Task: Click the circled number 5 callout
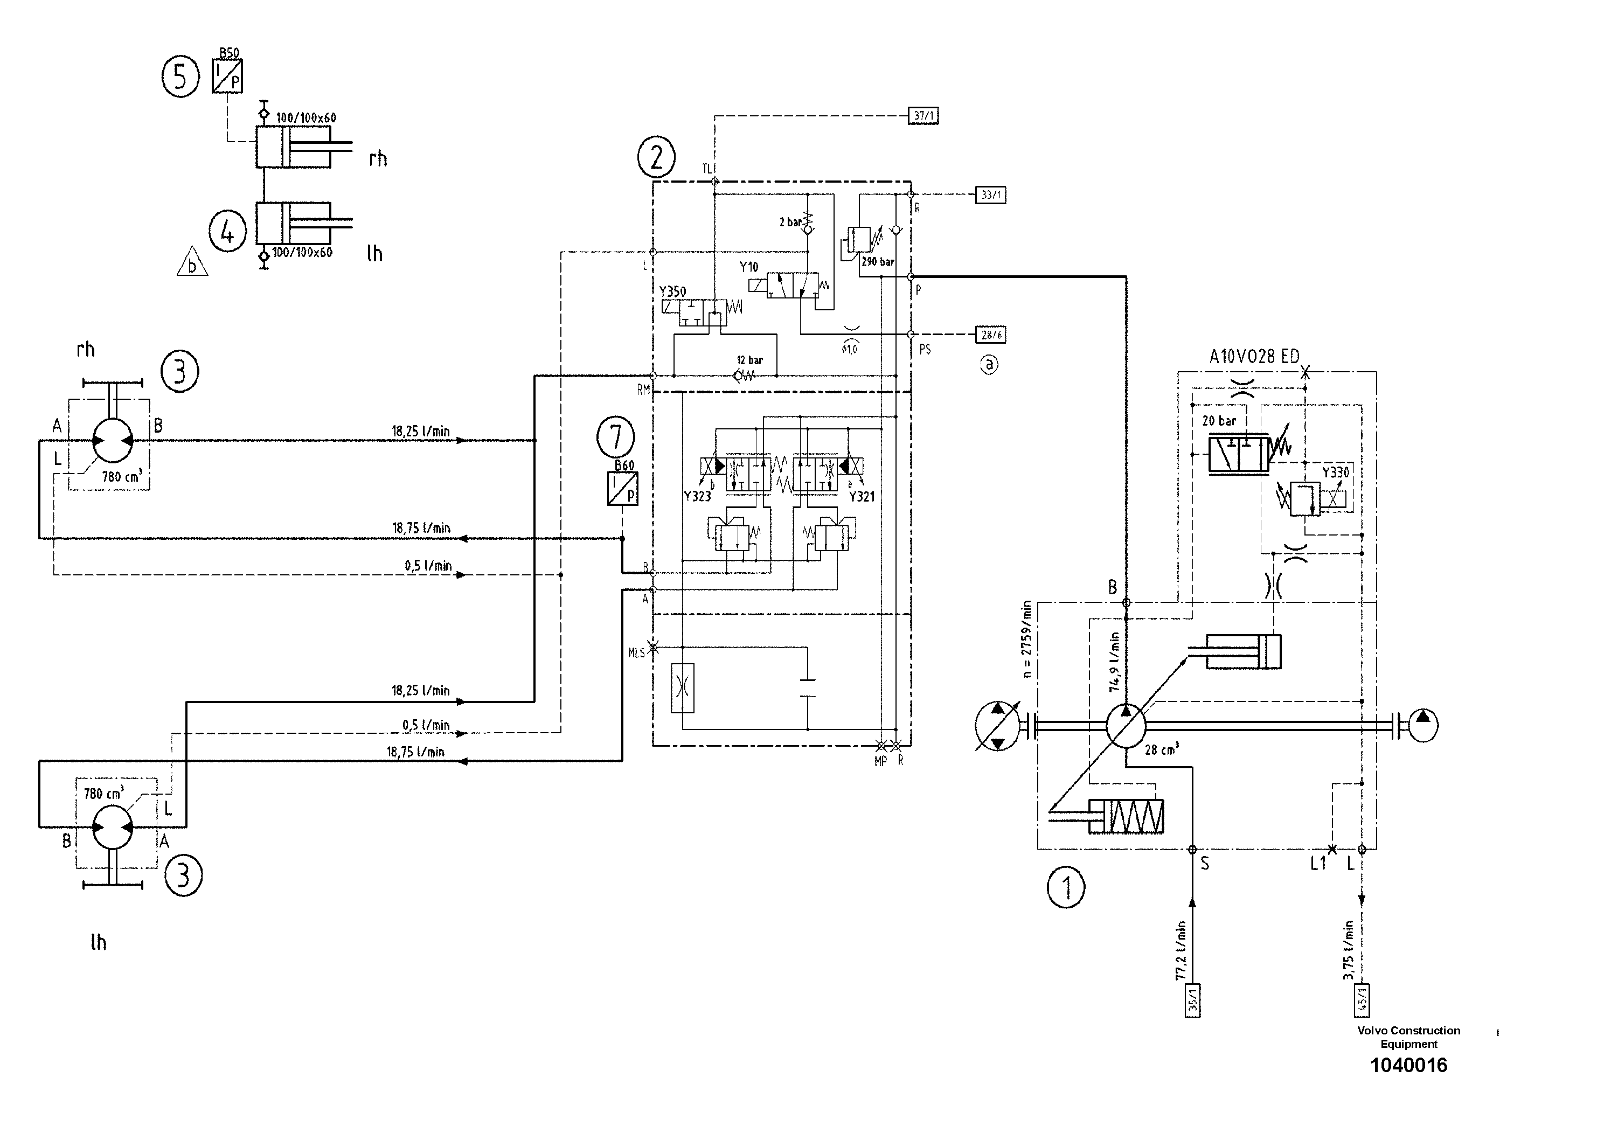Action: point(181,77)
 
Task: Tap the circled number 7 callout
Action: point(615,437)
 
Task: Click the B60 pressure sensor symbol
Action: point(622,488)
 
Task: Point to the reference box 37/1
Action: point(923,116)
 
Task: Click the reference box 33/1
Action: point(991,195)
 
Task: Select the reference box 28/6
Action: point(991,335)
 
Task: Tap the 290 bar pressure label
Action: point(878,262)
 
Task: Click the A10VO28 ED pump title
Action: point(1254,357)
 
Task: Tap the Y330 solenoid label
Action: point(1336,473)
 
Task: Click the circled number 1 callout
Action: point(1066,888)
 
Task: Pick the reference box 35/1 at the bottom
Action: point(1192,1001)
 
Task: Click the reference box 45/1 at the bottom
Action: point(1362,1001)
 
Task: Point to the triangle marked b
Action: point(192,263)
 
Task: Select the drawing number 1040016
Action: point(1408,1065)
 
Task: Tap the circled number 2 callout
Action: point(656,158)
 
